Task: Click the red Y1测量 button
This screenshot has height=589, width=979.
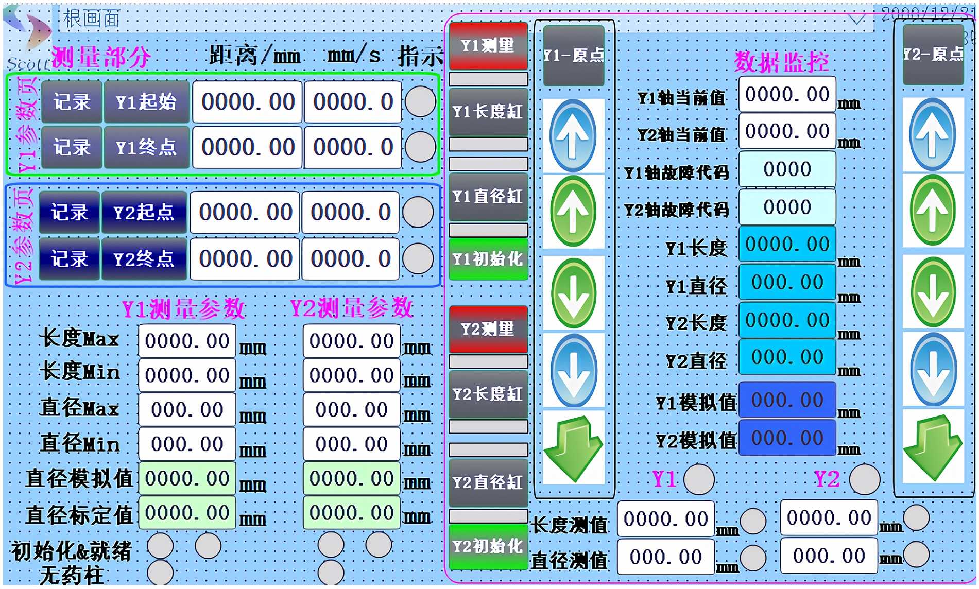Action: coord(488,45)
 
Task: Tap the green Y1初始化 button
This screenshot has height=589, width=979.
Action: coord(488,258)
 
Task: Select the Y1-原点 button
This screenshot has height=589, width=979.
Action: coord(573,55)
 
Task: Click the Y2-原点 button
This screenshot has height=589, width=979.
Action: coord(933,54)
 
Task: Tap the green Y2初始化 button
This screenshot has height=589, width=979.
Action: coord(488,546)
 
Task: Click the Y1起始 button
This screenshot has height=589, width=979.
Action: coord(146,102)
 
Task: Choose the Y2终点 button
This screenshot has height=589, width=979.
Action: coord(144,258)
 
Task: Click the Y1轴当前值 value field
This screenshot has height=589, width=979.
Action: coord(786,94)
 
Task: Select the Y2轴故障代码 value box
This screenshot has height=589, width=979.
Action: coord(786,207)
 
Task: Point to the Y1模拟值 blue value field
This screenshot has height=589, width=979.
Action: coord(786,400)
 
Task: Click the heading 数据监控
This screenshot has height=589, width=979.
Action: coord(781,62)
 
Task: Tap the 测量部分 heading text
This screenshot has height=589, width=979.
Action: coord(101,57)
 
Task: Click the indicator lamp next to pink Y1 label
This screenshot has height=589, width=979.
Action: coord(699,479)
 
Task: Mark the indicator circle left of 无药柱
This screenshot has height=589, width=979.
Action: coord(160,573)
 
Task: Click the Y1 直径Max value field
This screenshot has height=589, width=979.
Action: coord(187,410)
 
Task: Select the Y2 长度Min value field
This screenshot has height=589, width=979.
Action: coord(351,375)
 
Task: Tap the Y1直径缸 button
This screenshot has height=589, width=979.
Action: coord(488,197)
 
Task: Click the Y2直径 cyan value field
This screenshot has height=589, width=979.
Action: coord(786,357)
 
